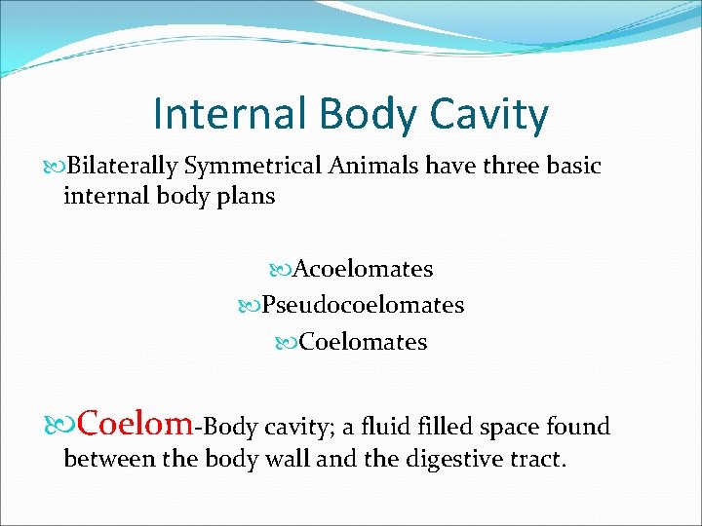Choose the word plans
click(x=248, y=196)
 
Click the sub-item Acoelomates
click(x=363, y=268)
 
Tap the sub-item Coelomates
click(x=363, y=342)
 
